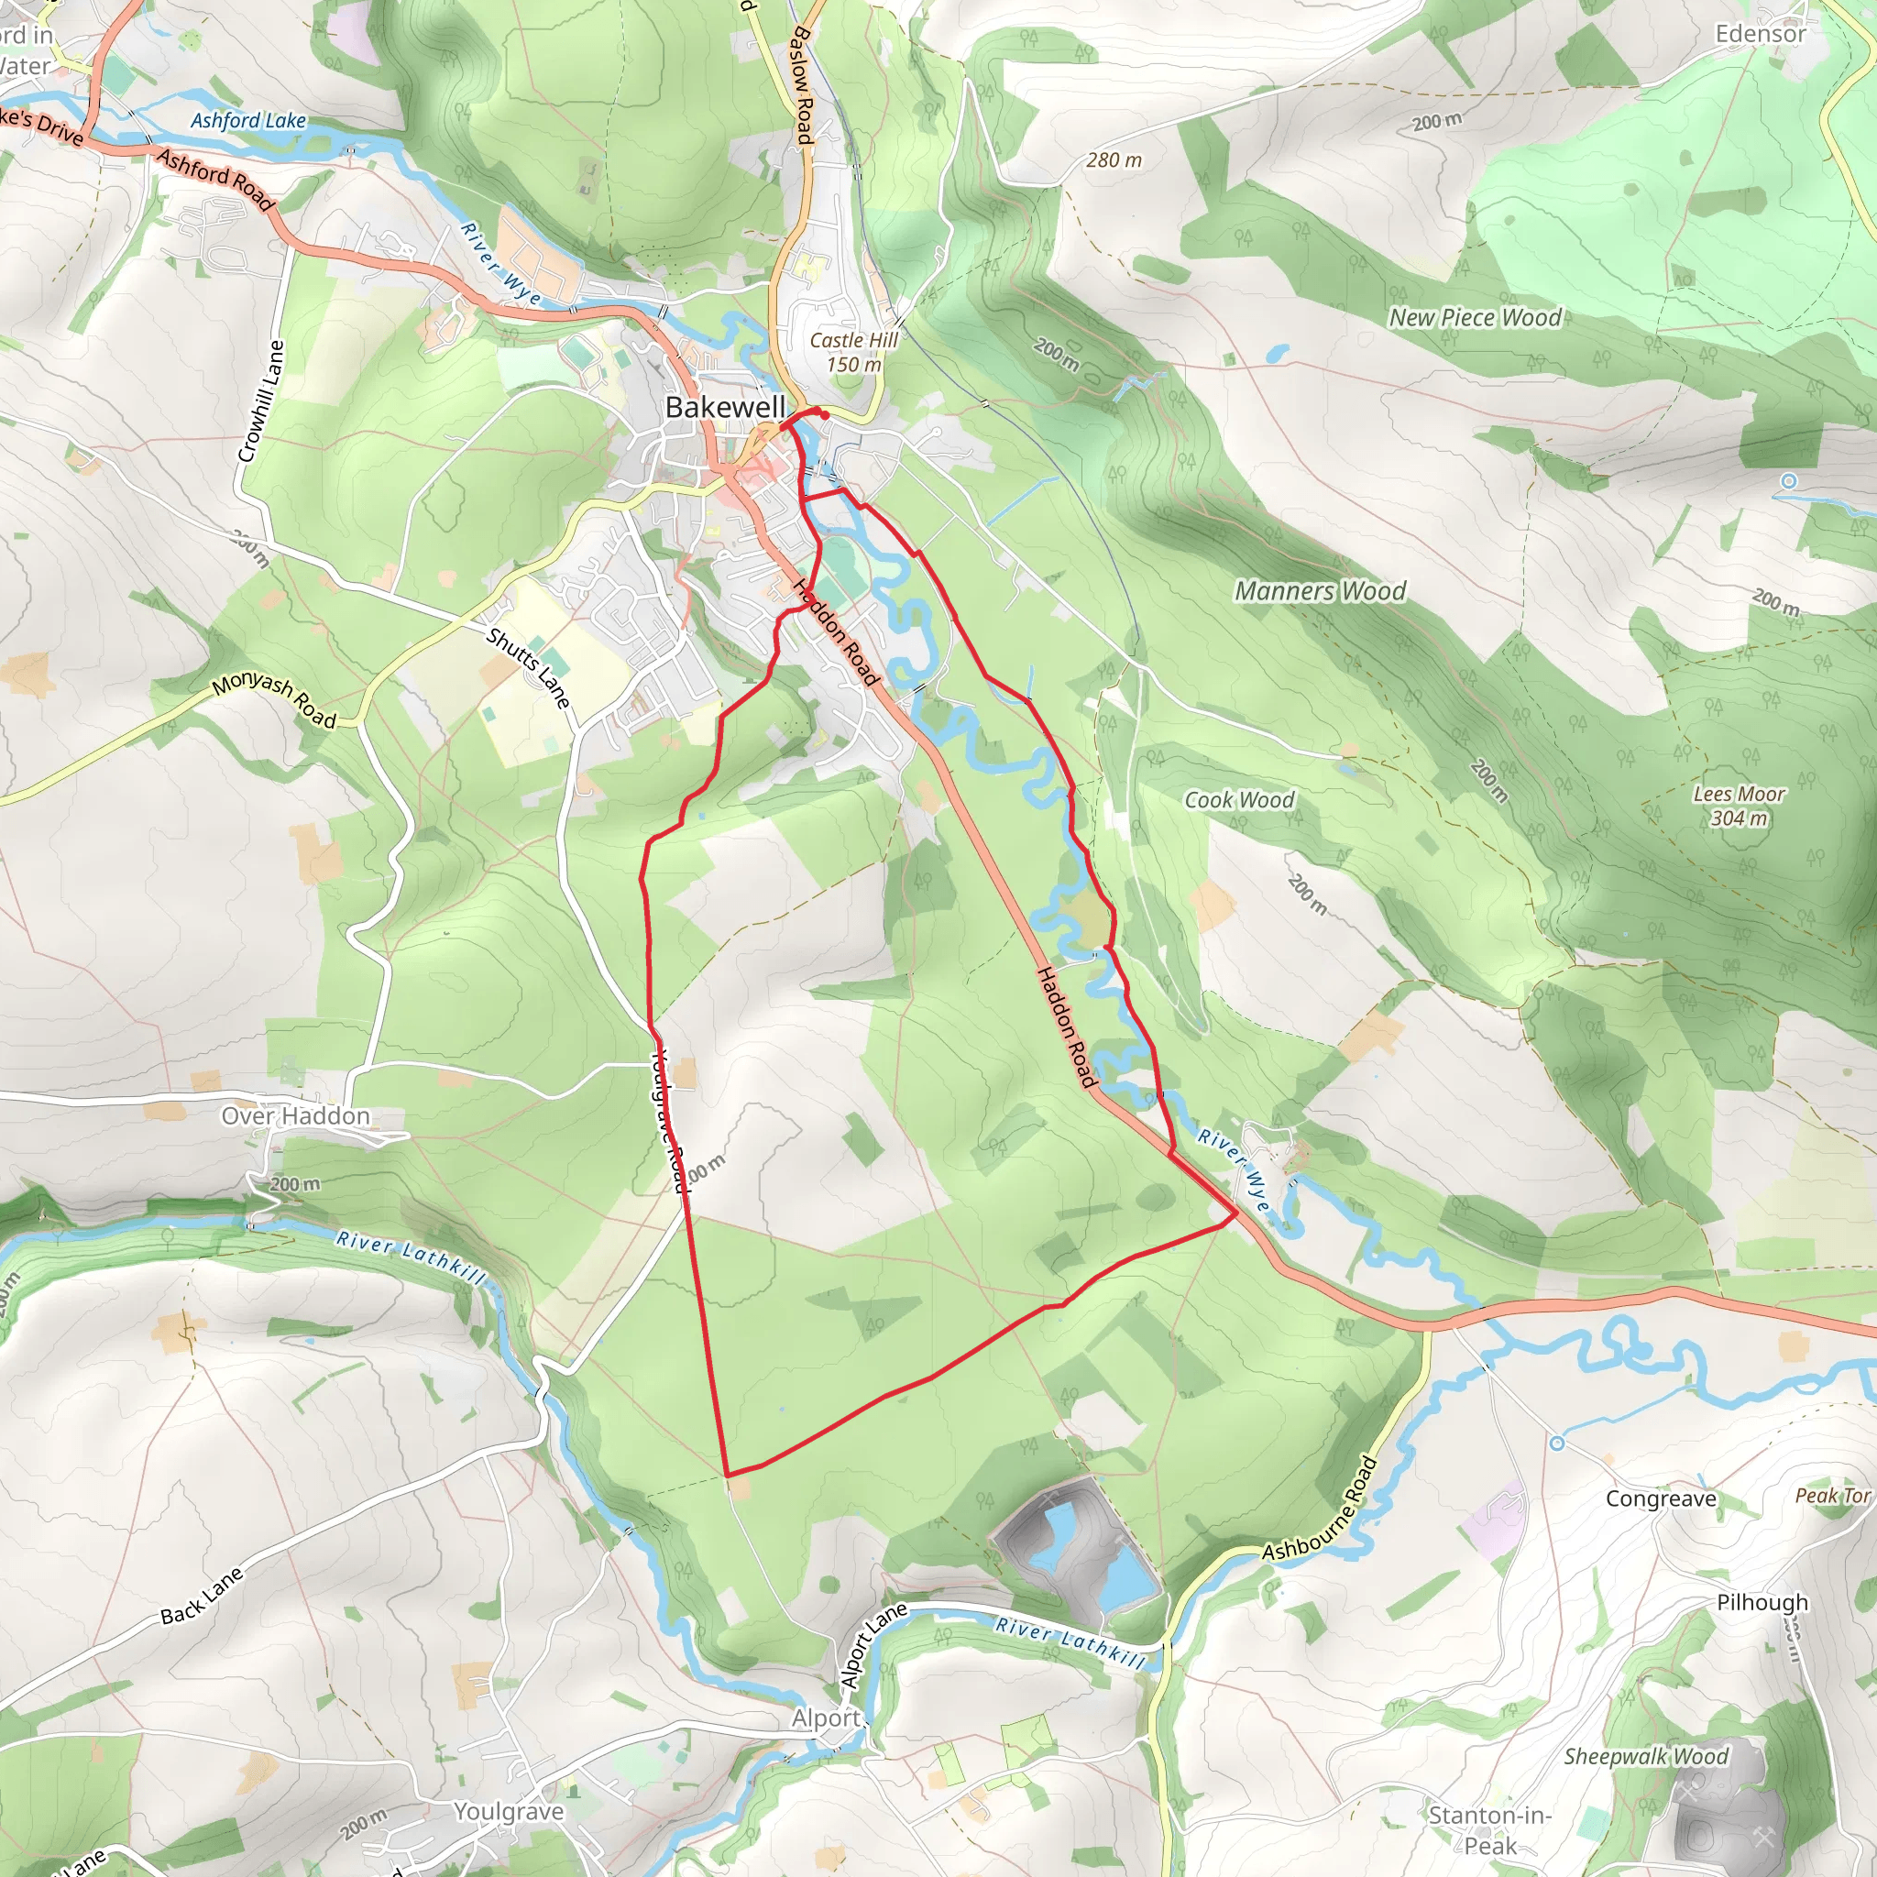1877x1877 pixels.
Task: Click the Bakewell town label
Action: point(725,408)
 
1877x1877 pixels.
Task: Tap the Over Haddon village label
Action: point(295,1116)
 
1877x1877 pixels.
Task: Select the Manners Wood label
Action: point(1321,591)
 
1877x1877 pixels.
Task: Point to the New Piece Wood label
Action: point(1475,318)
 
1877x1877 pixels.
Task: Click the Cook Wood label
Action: point(1239,799)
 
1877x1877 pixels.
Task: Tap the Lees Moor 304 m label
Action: point(1739,806)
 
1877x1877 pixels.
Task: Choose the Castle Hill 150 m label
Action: point(854,352)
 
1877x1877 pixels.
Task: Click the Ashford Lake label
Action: point(247,120)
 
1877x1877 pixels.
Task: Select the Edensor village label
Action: point(1761,34)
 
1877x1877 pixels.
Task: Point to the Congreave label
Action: point(1661,1498)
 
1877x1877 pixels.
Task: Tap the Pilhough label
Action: point(1762,1602)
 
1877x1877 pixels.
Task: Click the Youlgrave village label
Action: point(508,1811)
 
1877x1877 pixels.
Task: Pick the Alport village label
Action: point(826,1718)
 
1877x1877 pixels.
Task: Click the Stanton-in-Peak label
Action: point(1489,1829)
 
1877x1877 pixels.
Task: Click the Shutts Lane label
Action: point(528,667)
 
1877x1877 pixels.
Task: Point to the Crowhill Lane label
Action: point(261,401)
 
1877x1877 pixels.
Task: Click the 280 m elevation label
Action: point(1114,159)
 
